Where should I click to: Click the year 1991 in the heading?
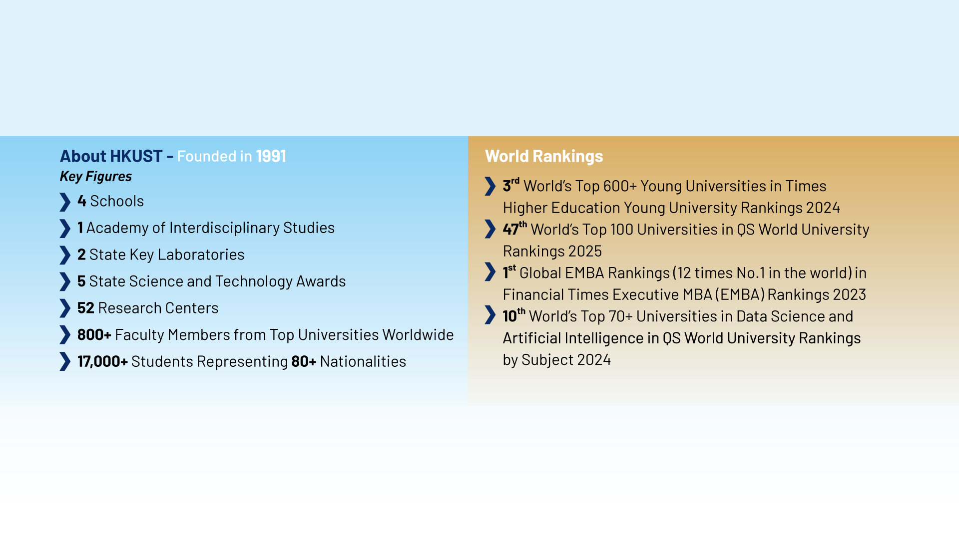[271, 156]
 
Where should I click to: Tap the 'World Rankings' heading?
[544, 156]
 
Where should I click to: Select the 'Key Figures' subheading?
[96, 177]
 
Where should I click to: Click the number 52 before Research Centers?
[85, 308]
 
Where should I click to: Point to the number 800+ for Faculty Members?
[94, 335]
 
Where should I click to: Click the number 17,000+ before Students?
[102, 362]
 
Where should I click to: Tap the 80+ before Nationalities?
[304, 361]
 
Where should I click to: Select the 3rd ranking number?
[511, 185]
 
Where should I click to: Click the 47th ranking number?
[514, 228]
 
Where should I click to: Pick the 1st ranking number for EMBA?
[509, 271]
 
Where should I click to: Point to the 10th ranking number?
[514, 315]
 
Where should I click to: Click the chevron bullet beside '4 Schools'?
[65, 202]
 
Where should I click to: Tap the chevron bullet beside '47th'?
[490, 229]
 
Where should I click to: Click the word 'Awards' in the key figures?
[321, 281]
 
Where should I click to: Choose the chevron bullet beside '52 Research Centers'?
[65, 308]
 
